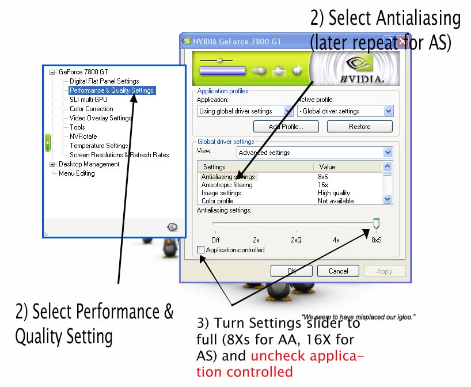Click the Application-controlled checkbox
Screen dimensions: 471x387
tap(200, 250)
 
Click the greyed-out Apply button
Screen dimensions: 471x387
tap(385, 271)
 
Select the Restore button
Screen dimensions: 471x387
tap(359, 127)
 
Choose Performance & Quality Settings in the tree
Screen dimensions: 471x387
tap(112, 90)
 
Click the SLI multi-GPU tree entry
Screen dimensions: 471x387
tap(89, 100)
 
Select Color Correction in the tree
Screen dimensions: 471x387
tap(92, 109)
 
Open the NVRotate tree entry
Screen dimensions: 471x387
tap(83, 136)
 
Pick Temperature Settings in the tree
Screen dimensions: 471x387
tap(99, 146)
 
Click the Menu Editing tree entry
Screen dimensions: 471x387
tap(77, 173)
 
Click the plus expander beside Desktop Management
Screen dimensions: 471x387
tap(52, 164)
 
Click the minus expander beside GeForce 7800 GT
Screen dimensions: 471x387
tap(52, 72)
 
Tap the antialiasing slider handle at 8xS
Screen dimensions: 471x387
tap(376, 223)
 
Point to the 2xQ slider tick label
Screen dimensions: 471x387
tap(296, 240)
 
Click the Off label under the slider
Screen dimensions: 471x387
tap(215, 240)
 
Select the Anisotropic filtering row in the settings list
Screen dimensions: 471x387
tap(227, 185)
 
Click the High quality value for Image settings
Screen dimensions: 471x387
tap(334, 193)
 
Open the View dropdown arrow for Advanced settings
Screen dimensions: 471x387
tap(388, 153)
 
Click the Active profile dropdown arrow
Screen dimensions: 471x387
tap(388, 111)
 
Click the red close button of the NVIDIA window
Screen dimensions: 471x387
tap(402, 41)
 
